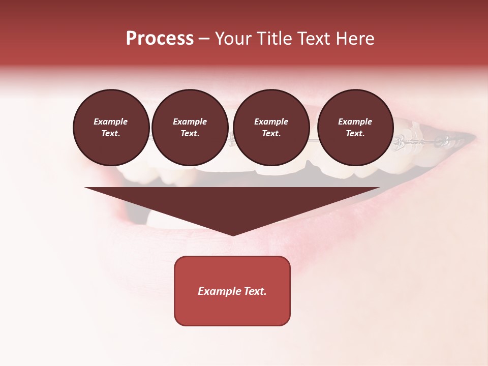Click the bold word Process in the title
(x=160, y=39)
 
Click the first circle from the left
(x=111, y=127)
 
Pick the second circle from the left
(x=190, y=127)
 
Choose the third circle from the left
(x=271, y=127)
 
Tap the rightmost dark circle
(x=355, y=127)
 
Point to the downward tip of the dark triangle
(x=233, y=235)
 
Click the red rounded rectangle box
(x=232, y=291)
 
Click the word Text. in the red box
(x=255, y=291)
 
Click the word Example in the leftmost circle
(x=111, y=121)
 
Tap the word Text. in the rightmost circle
(x=355, y=133)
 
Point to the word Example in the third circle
(x=271, y=121)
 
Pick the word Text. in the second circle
(x=190, y=133)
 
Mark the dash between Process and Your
(x=204, y=39)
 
